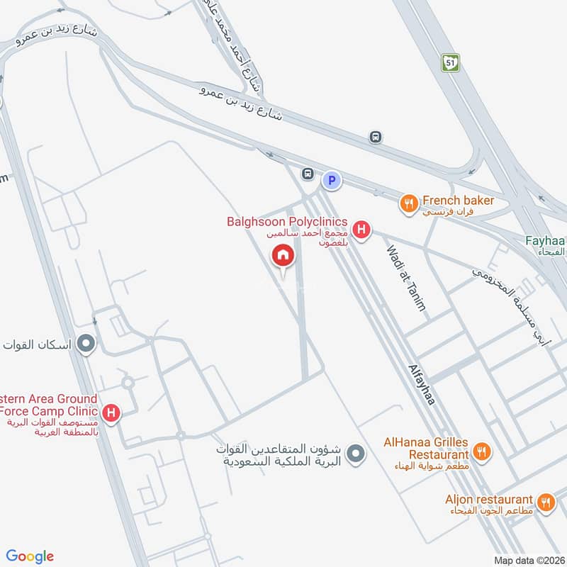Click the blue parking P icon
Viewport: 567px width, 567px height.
331,181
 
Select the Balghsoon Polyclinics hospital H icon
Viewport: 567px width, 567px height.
361,230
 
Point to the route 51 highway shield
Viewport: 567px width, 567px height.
449,62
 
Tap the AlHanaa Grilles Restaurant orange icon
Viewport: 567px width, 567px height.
482,451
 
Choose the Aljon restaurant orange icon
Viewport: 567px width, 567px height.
546,503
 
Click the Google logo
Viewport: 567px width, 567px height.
30,556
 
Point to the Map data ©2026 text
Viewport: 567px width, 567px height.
527,560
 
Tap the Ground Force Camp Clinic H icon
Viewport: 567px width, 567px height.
111,412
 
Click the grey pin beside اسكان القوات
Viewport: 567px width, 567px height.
86,345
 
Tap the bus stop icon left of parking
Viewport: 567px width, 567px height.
308,174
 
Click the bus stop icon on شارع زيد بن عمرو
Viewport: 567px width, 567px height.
376,137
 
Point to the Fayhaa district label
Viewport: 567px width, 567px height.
546,245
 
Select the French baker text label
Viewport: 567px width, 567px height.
458,201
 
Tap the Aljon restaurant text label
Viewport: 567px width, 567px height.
489,499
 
